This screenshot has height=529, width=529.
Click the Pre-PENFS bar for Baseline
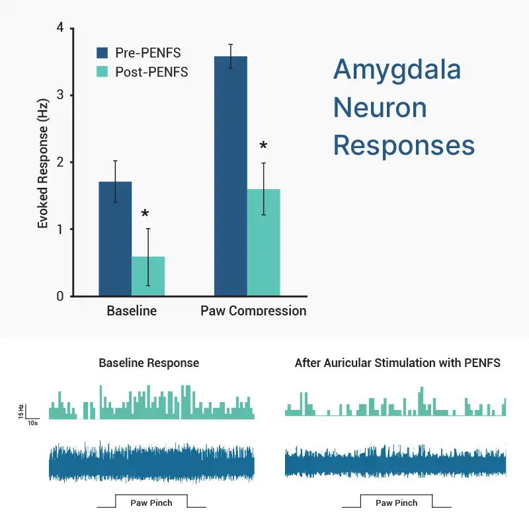pyautogui.click(x=115, y=239)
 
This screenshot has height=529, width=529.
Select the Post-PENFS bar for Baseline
pyautogui.click(x=148, y=276)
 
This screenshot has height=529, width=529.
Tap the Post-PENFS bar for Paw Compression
pyautogui.click(x=264, y=243)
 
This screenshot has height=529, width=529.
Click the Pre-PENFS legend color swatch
pyautogui.click(x=102, y=53)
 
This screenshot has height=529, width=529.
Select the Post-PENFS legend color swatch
pyautogui.click(x=102, y=72)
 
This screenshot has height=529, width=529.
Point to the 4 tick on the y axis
pyautogui.click(x=60, y=28)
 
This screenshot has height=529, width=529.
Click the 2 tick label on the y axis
pyautogui.click(x=60, y=163)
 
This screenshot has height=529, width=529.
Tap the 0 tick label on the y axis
pyautogui.click(x=60, y=296)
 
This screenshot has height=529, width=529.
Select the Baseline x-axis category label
pyautogui.click(x=132, y=311)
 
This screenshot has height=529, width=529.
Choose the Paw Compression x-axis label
pyautogui.click(x=253, y=311)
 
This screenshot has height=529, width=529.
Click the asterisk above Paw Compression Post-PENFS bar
pyautogui.click(x=263, y=147)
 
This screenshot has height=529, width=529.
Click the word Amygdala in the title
pyautogui.click(x=397, y=69)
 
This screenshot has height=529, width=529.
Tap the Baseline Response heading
pyautogui.click(x=149, y=363)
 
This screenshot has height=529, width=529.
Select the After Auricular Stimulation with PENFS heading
pyautogui.click(x=397, y=363)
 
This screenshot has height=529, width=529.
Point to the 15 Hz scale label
pyautogui.click(x=22, y=411)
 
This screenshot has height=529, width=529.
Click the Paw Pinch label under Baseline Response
pyautogui.click(x=151, y=503)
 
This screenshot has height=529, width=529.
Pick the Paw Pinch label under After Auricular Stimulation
pyautogui.click(x=397, y=503)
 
